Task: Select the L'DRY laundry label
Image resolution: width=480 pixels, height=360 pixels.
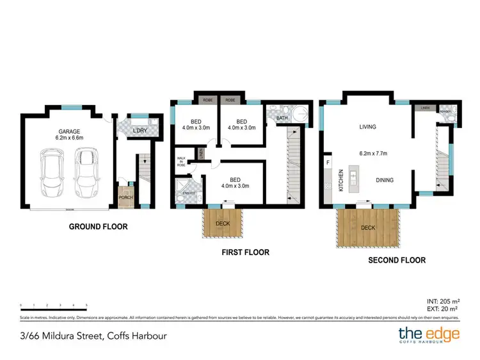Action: click(140, 131)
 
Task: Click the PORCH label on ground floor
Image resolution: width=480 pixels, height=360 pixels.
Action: click(125, 197)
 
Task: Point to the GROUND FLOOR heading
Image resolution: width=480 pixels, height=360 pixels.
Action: click(99, 226)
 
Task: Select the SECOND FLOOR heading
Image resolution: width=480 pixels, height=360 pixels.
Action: click(396, 260)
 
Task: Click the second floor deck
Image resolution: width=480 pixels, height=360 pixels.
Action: click(367, 228)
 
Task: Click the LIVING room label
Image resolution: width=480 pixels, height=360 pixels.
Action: click(367, 127)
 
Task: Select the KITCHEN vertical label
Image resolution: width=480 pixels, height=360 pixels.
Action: click(341, 180)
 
